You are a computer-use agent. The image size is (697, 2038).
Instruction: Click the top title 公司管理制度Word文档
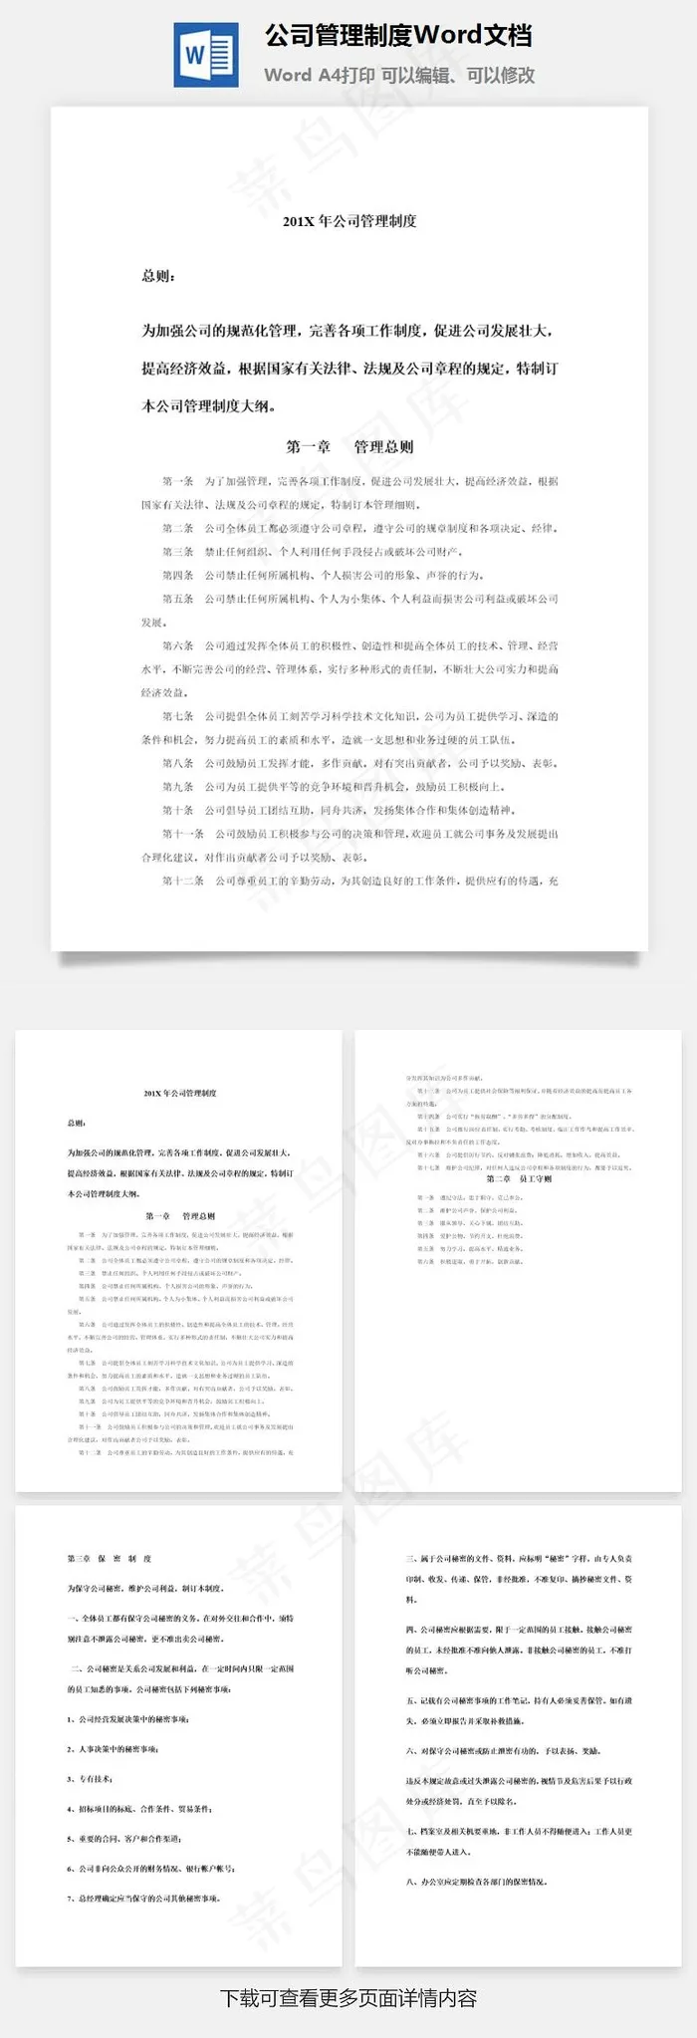[x=398, y=36]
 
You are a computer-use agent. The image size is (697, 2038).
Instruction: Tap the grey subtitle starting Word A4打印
[x=399, y=76]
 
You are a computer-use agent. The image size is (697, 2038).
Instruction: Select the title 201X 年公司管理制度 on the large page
[x=349, y=221]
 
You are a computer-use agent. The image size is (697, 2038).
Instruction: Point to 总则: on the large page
[x=159, y=276]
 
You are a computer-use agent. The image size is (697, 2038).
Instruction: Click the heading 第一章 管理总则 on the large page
[x=349, y=447]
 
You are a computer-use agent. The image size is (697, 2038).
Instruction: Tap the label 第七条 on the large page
[x=178, y=716]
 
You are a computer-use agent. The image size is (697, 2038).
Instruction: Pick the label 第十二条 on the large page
[x=183, y=881]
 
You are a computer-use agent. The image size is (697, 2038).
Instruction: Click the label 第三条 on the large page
[x=178, y=552]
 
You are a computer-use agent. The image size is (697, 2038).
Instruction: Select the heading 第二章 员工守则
[x=519, y=1178]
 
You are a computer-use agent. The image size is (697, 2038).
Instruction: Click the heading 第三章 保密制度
[x=110, y=1558]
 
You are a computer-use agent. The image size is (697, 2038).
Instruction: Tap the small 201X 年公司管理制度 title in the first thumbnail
[x=180, y=1093]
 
